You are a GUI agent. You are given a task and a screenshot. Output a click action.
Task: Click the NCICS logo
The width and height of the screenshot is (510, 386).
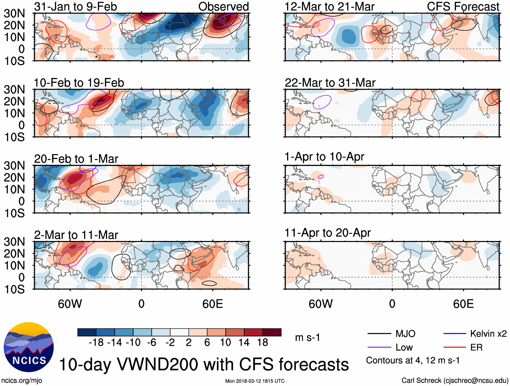(x=29, y=347)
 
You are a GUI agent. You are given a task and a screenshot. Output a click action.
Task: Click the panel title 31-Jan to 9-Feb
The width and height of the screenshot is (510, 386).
(x=75, y=6)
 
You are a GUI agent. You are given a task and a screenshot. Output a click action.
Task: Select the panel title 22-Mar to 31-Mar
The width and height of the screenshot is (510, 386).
(x=330, y=83)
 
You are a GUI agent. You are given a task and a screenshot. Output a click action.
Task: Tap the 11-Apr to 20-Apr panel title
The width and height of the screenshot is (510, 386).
(x=328, y=233)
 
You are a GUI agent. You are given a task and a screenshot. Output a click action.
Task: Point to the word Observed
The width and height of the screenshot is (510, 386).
(x=223, y=6)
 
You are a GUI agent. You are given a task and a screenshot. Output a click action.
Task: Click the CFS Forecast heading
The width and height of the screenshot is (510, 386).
(x=463, y=6)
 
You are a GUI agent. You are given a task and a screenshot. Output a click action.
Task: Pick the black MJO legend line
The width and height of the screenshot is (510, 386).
(x=379, y=334)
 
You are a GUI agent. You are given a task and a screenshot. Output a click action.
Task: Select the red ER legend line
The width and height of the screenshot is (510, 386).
(x=455, y=347)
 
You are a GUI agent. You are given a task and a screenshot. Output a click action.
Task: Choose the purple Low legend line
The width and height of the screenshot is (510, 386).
(x=379, y=347)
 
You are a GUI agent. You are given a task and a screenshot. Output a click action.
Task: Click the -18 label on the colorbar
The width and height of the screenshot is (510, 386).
(x=96, y=343)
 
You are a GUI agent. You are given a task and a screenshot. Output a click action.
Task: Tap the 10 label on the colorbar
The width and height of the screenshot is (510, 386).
(x=226, y=343)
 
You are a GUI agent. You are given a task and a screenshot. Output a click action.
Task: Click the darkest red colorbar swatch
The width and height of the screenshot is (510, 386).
(x=272, y=332)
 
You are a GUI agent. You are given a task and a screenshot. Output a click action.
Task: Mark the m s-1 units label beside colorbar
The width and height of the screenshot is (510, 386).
(x=307, y=338)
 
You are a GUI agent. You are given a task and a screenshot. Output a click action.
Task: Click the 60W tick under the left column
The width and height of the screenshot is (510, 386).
(x=70, y=304)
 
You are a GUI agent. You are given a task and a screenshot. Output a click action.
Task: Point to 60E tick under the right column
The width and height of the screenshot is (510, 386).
(x=463, y=304)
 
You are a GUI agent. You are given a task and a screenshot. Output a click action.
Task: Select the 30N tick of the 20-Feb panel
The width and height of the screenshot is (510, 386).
(x=15, y=166)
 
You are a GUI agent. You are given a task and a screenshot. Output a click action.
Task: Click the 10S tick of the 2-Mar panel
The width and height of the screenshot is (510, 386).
(x=15, y=289)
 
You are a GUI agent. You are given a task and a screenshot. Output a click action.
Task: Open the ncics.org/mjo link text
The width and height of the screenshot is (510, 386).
(x=22, y=381)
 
